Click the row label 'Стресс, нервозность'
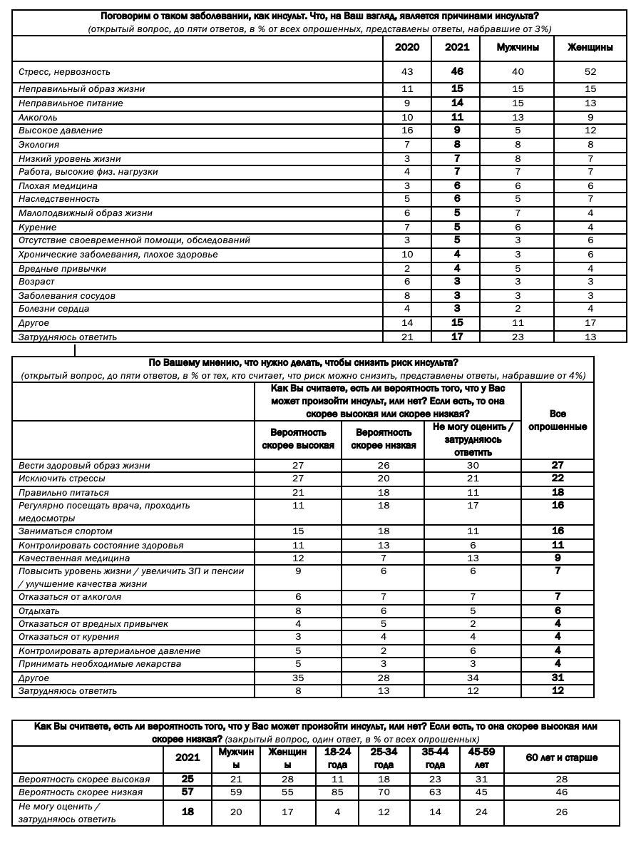(x=64, y=72)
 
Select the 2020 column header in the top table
(x=407, y=48)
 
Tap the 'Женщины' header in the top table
(x=590, y=48)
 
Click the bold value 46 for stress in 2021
(x=457, y=72)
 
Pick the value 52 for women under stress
(x=590, y=72)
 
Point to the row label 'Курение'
(x=37, y=227)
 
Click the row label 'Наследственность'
(x=59, y=199)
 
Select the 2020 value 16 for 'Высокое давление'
(x=407, y=131)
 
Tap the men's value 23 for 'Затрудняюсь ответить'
(x=518, y=337)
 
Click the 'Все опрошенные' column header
(x=558, y=420)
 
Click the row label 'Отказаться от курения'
(x=69, y=637)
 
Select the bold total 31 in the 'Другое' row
(x=558, y=678)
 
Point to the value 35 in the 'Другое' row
(x=298, y=678)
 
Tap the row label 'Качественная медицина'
(x=74, y=558)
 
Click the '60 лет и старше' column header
(x=561, y=757)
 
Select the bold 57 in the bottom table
(x=188, y=792)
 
